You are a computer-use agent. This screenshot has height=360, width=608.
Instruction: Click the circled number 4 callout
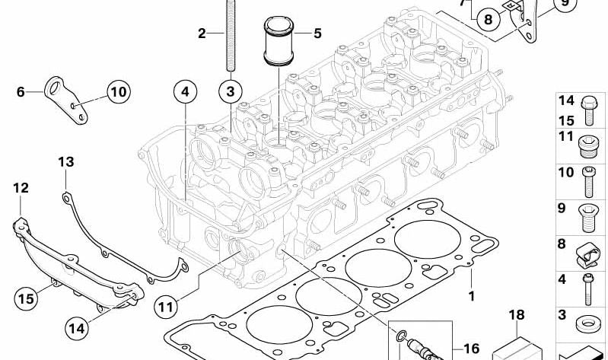(184, 93)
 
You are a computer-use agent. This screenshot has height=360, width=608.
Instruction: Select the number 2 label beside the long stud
(202, 33)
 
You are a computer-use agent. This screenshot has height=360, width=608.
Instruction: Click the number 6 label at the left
(21, 93)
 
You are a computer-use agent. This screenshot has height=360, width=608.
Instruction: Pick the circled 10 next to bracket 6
(117, 93)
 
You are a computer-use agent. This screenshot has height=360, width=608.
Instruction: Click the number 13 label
(66, 162)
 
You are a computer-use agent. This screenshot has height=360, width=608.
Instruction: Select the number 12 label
(21, 188)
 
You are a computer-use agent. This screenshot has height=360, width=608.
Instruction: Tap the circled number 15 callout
(25, 298)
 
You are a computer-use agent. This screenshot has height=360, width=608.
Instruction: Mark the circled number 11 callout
(165, 307)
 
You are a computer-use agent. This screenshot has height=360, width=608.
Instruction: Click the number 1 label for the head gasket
(471, 296)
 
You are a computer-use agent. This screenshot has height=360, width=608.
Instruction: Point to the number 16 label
(471, 349)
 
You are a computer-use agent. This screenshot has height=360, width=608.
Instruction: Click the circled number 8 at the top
(488, 19)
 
